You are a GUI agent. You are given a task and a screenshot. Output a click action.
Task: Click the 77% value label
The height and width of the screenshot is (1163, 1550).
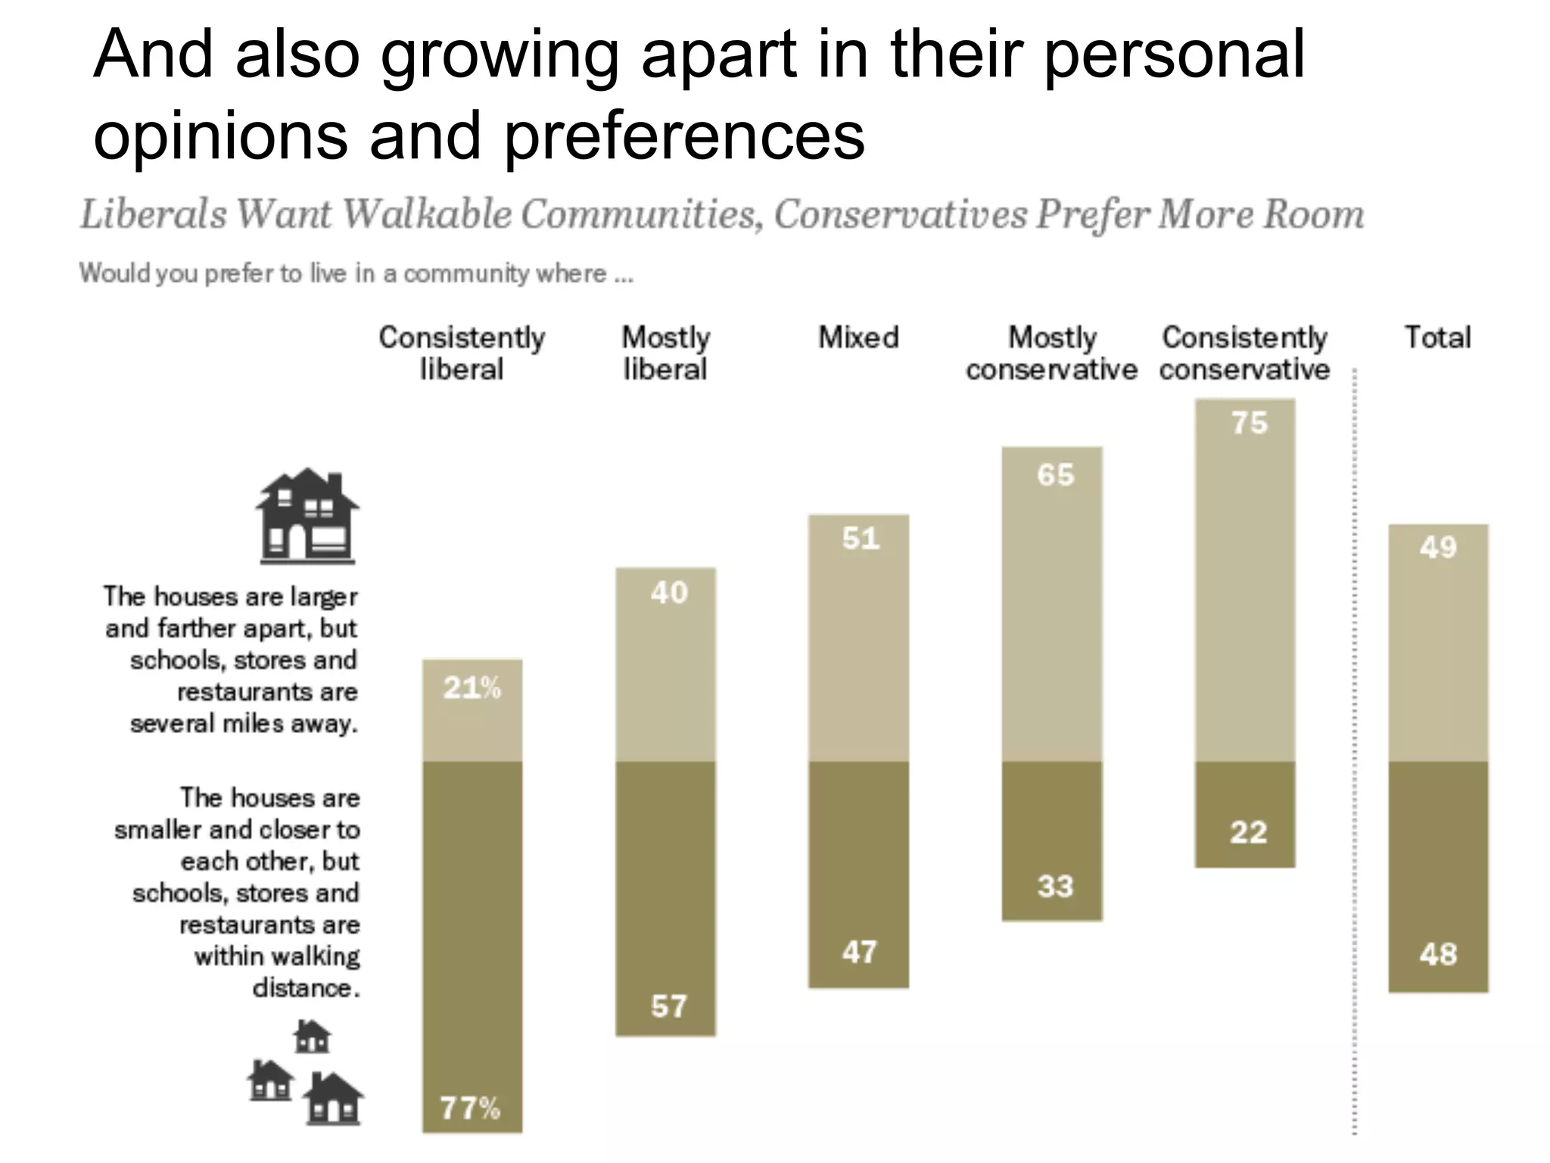coord(470,1108)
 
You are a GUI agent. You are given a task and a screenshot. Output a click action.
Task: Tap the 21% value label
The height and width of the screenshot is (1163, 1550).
coord(472,688)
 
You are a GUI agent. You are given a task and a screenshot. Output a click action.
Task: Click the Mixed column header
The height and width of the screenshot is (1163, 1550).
coord(858,338)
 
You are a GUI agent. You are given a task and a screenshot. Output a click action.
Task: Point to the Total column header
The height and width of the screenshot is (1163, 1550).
coord(1437,338)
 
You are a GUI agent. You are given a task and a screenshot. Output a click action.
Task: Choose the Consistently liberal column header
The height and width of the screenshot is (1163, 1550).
coord(462,353)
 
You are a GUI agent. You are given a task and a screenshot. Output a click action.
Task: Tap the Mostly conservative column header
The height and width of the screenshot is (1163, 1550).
coord(1051,353)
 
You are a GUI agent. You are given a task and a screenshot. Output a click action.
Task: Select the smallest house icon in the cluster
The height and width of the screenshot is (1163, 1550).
coord(312,1037)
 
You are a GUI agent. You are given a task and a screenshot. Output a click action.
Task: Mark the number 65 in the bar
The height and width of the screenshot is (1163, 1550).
coord(1055,475)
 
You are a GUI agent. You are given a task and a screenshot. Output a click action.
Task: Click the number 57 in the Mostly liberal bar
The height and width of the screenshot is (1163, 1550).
coord(669,1006)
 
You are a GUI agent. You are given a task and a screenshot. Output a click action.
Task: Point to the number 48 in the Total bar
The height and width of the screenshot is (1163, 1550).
coord(1438,954)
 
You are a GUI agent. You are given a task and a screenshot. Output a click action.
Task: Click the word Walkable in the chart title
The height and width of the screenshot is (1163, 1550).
coord(427,214)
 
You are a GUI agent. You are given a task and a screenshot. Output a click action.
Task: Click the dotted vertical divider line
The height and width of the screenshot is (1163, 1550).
coord(1354,757)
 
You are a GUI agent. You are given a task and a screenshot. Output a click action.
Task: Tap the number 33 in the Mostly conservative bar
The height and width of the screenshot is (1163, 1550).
coord(1055,886)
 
